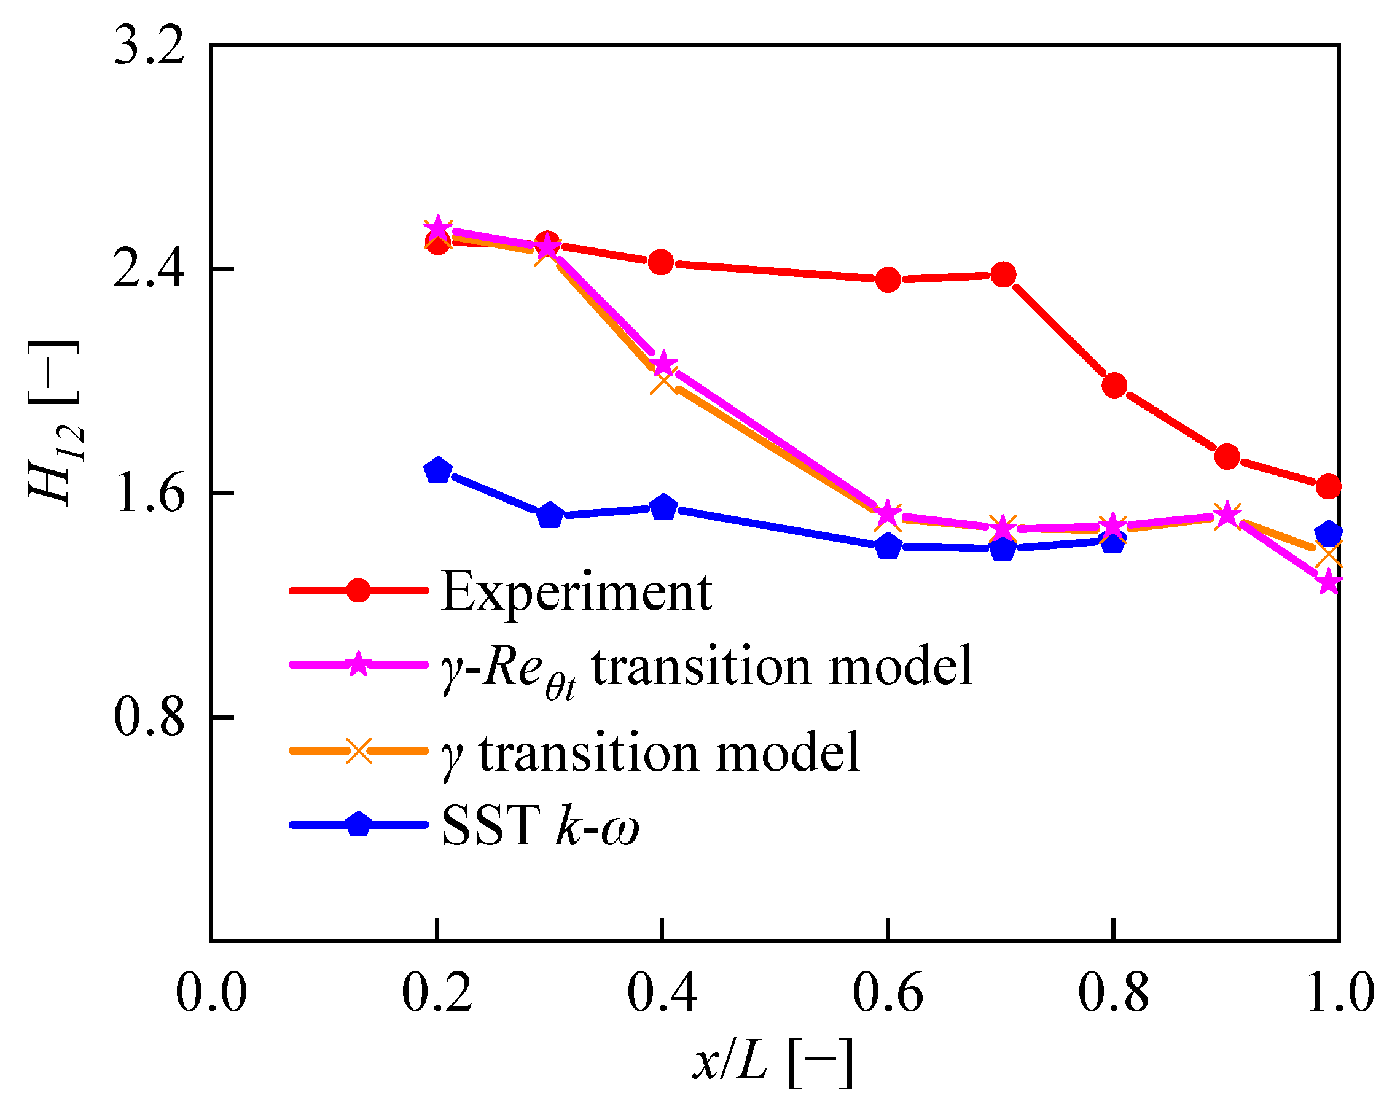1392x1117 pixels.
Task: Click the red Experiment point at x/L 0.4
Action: (x=661, y=262)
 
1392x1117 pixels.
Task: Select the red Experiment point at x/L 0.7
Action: (x=1003, y=275)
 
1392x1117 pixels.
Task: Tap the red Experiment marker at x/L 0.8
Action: (x=1114, y=385)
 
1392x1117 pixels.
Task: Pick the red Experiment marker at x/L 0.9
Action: (x=1227, y=457)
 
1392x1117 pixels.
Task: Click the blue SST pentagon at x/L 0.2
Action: (x=438, y=470)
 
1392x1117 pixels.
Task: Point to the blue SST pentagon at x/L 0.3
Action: (x=550, y=516)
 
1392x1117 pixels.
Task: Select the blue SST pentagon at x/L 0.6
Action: (x=888, y=546)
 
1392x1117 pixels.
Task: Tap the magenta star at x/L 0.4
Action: (x=662, y=364)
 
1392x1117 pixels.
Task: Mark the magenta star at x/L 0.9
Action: (x=1227, y=515)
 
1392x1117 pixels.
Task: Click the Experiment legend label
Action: (x=576, y=592)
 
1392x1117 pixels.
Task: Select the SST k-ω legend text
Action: (x=540, y=825)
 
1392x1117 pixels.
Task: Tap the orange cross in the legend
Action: (x=358, y=750)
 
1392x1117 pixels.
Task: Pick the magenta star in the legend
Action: (x=358, y=664)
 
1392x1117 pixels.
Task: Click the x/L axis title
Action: (x=773, y=1062)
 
